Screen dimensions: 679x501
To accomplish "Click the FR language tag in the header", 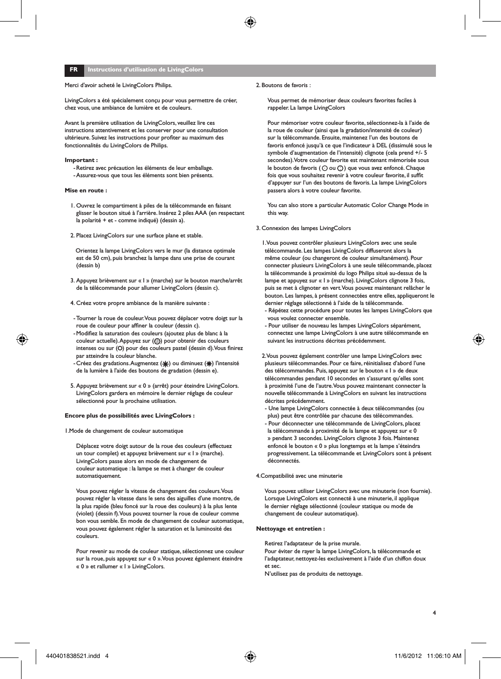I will [73, 70].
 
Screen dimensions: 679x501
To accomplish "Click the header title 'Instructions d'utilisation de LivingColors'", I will [145, 70].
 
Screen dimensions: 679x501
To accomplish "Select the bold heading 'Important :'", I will [81, 160].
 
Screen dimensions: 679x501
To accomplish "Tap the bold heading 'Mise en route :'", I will [86, 190].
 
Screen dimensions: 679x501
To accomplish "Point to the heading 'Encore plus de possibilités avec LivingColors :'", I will [130, 416].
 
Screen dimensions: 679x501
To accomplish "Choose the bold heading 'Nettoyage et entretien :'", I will [291, 529].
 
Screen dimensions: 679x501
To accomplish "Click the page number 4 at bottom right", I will [434, 612].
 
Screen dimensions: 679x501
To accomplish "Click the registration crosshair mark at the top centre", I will [250, 22].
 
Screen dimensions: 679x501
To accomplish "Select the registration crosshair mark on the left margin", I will [22, 339].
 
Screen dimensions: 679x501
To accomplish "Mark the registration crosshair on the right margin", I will [478, 339].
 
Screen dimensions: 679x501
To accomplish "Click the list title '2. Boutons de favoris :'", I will [283, 85].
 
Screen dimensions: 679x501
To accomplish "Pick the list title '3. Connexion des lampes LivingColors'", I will [303, 228].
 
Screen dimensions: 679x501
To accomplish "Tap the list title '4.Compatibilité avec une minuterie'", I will [299, 476].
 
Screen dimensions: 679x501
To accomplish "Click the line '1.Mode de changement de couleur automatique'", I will [124, 431].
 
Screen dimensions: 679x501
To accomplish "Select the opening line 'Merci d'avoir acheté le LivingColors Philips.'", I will [118, 85].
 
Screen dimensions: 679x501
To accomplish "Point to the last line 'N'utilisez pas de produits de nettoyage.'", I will [313, 573].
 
